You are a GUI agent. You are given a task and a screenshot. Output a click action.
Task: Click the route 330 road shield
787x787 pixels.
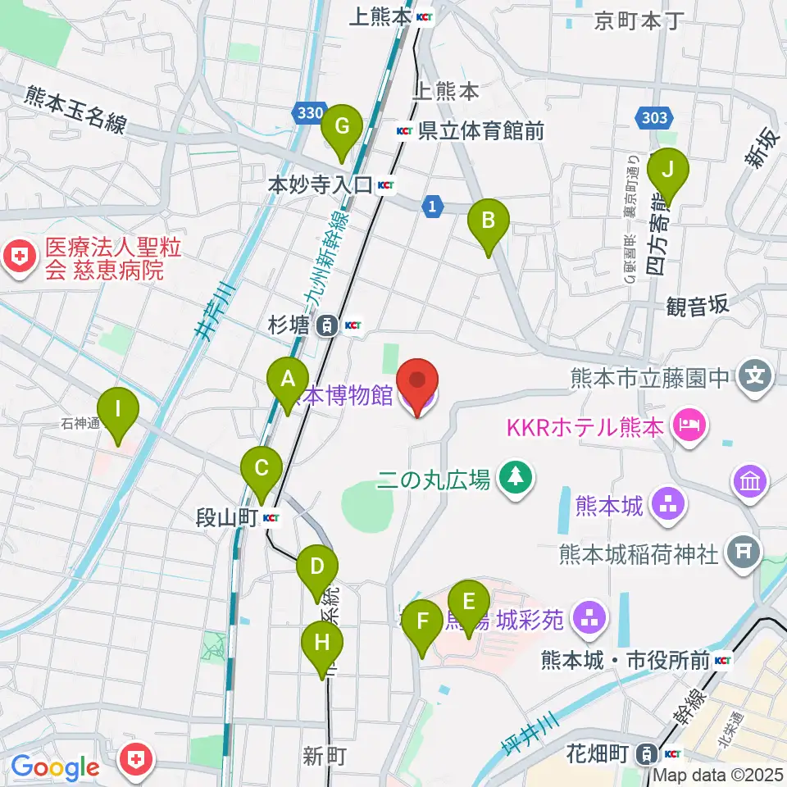[311, 115]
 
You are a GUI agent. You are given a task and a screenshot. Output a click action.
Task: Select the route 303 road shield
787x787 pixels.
[654, 118]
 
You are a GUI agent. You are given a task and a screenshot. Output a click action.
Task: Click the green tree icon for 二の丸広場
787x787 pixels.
[516, 478]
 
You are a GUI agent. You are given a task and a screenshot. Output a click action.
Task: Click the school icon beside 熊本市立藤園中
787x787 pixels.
[754, 378]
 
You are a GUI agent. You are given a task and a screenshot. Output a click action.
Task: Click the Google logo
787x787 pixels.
[55, 767]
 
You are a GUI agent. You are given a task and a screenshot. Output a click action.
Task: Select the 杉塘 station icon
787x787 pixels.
[327, 325]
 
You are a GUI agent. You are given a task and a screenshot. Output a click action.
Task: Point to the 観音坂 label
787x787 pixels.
[698, 305]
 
